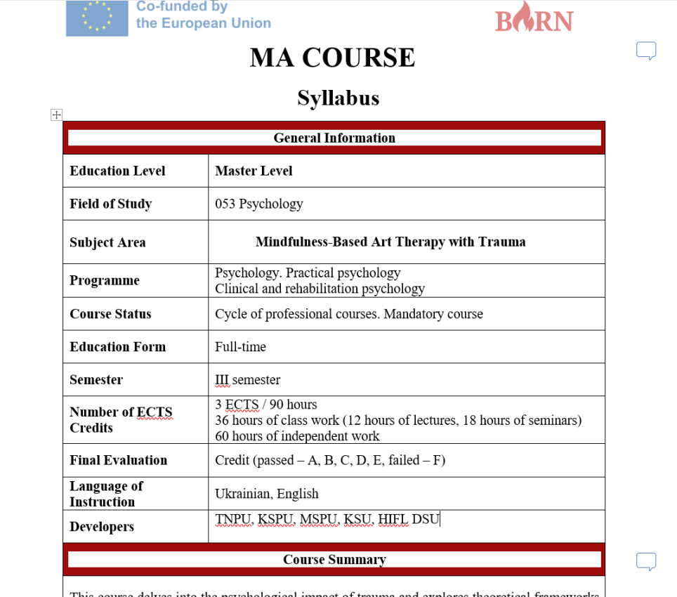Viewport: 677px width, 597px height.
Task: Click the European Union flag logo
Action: tap(97, 18)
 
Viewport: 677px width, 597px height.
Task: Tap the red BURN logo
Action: tap(534, 18)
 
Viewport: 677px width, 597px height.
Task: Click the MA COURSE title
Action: tap(332, 58)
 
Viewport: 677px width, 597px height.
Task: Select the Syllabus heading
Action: tap(338, 98)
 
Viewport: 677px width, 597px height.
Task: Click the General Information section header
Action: tap(334, 138)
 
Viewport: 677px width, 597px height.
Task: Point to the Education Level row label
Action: tap(117, 171)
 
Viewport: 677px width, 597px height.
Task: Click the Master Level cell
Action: tap(254, 171)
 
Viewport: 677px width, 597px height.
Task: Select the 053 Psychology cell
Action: tap(259, 204)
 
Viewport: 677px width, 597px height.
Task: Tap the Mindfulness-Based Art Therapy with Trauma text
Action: tap(390, 242)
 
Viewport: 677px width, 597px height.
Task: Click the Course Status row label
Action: tap(110, 314)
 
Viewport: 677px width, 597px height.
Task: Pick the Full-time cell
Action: tap(240, 347)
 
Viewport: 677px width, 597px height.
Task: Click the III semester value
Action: tap(247, 380)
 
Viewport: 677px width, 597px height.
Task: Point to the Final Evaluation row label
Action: tap(118, 460)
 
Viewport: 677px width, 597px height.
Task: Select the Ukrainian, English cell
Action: tap(267, 494)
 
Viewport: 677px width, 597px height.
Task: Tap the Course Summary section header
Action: tap(334, 559)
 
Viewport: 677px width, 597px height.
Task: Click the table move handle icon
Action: tap(57, 115)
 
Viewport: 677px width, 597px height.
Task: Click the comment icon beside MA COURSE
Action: tap(646, 51)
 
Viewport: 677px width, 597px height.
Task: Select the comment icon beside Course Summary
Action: tap(646, 561)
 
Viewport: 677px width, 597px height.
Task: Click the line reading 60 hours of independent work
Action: tap(297, 436)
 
